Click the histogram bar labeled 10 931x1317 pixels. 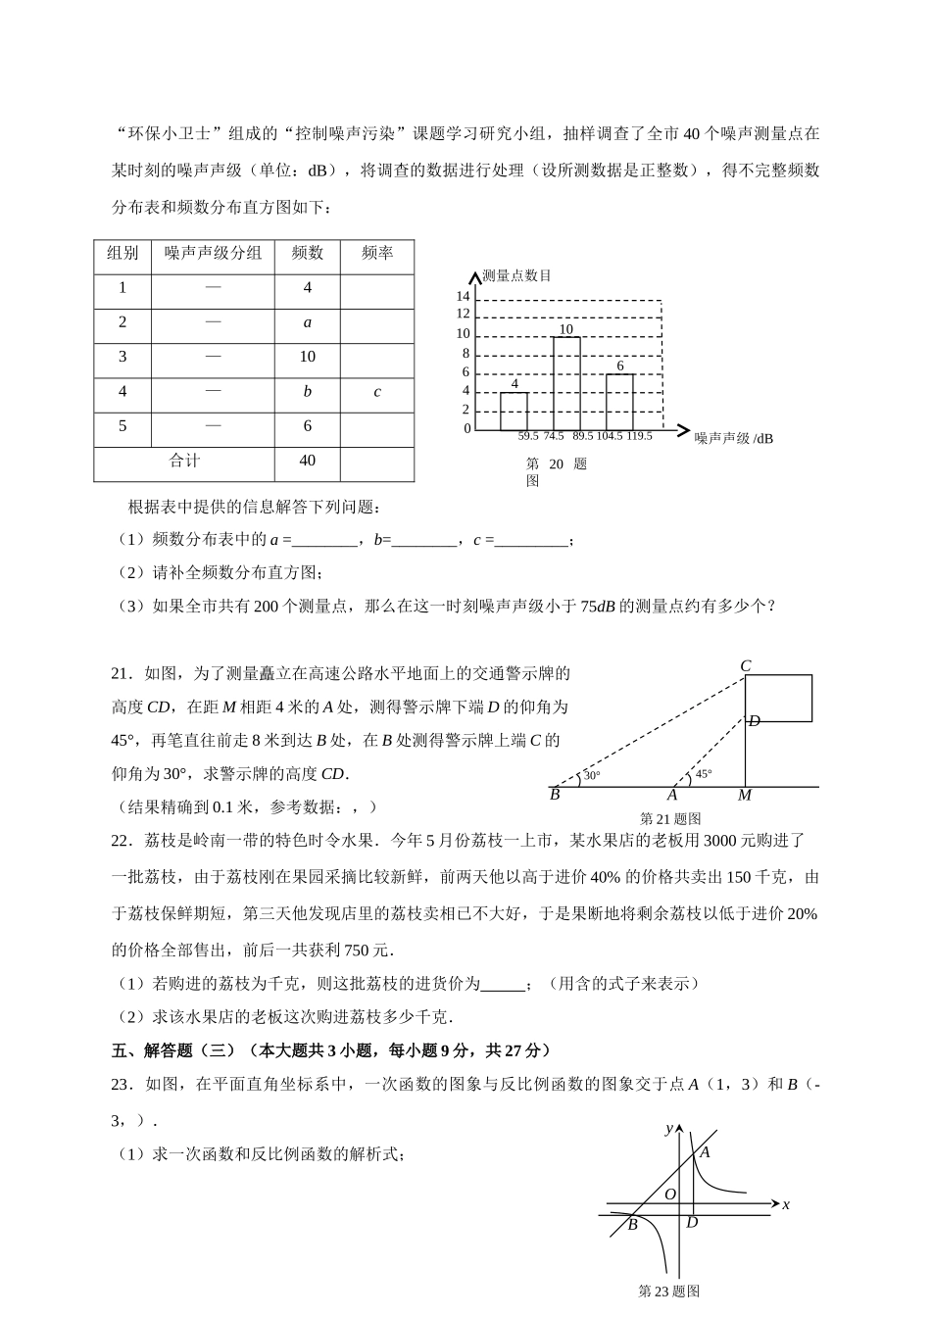(566, 383)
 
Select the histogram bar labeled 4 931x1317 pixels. (514, 411)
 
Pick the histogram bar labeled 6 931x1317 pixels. (619, 402)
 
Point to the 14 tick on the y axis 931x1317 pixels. (463, 297)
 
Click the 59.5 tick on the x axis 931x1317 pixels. (528, 436)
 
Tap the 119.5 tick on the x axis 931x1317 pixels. (639, 436)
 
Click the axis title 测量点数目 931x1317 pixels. (517, 276)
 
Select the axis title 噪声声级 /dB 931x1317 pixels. (734, 438)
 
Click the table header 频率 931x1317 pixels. (377, 253)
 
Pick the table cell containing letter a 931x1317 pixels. (308, 322)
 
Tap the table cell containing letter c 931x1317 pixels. (377, 392)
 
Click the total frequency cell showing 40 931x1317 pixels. (308, 461)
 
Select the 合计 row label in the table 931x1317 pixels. (184, 461)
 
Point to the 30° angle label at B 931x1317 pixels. (592, 776)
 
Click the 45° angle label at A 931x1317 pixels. (704, 774)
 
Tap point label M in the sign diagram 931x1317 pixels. (745, 796)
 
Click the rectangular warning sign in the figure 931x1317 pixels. (779, 698)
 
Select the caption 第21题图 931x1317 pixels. (670, 818)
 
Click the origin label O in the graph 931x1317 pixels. (671, 1195)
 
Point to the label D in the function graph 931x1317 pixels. (692, 1222)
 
